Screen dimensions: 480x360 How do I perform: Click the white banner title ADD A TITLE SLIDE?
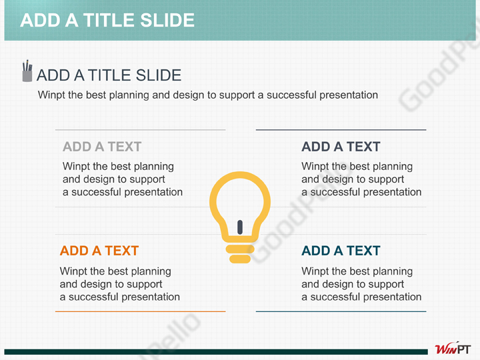(107, 20)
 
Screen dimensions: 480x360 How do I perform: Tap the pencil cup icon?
(27, 71)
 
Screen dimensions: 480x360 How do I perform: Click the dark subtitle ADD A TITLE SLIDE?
(109, 75)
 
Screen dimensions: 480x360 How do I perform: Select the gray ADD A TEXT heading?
(102, 147)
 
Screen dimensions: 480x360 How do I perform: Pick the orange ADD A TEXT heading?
(99, 251)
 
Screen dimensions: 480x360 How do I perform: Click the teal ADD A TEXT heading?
(341, 251)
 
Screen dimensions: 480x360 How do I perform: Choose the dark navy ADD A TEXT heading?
(341, 147)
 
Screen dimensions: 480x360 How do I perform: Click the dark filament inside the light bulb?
(240, 227)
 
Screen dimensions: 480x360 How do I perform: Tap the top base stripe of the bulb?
(240, 249)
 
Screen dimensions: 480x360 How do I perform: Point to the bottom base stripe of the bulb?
(240, 259)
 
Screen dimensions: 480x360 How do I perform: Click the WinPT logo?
(453, 349)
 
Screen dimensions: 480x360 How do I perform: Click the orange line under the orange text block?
(140, 311)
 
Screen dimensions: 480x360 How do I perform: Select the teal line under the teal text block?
(341, 311)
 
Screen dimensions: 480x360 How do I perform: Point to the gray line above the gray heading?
(140, 130)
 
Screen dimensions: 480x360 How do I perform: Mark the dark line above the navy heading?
(341, 130)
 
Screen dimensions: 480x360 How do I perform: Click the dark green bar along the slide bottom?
(216, 352)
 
